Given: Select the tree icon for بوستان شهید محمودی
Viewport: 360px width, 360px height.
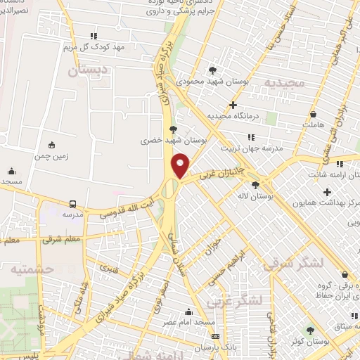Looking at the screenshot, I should [x=212, y=70].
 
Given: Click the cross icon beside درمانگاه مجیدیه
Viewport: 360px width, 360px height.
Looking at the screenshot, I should [x=233, y=105].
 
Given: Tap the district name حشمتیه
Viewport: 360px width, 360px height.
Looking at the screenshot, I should [x=22, y=269].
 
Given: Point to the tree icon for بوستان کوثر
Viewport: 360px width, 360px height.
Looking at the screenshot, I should [x=310, y=330].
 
